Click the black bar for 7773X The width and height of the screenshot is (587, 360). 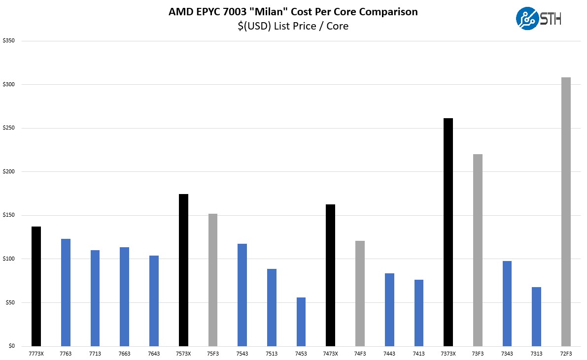(36, 286)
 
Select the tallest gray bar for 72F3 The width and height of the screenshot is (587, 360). (566, 212)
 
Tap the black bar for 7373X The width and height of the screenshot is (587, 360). (448, 232)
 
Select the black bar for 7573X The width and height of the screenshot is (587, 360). (183, 270)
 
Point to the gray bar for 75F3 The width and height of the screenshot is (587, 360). (213, 280)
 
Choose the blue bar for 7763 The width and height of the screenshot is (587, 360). (66, 293)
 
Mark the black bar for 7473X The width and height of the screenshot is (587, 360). (330, 275)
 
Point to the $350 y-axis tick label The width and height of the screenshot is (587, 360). (8, 41)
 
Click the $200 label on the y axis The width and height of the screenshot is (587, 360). (8, 172)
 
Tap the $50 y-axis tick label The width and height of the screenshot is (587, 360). (9, 302)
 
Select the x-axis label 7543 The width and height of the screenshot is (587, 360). (242, 353)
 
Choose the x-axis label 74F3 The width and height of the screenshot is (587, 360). (360, 353)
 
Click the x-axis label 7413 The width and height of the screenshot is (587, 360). (419, 353)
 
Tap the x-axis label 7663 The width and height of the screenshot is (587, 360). (124, 353)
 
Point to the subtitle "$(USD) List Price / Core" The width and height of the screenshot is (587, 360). (293, 26)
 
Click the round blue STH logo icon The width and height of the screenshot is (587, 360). (527, 18)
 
